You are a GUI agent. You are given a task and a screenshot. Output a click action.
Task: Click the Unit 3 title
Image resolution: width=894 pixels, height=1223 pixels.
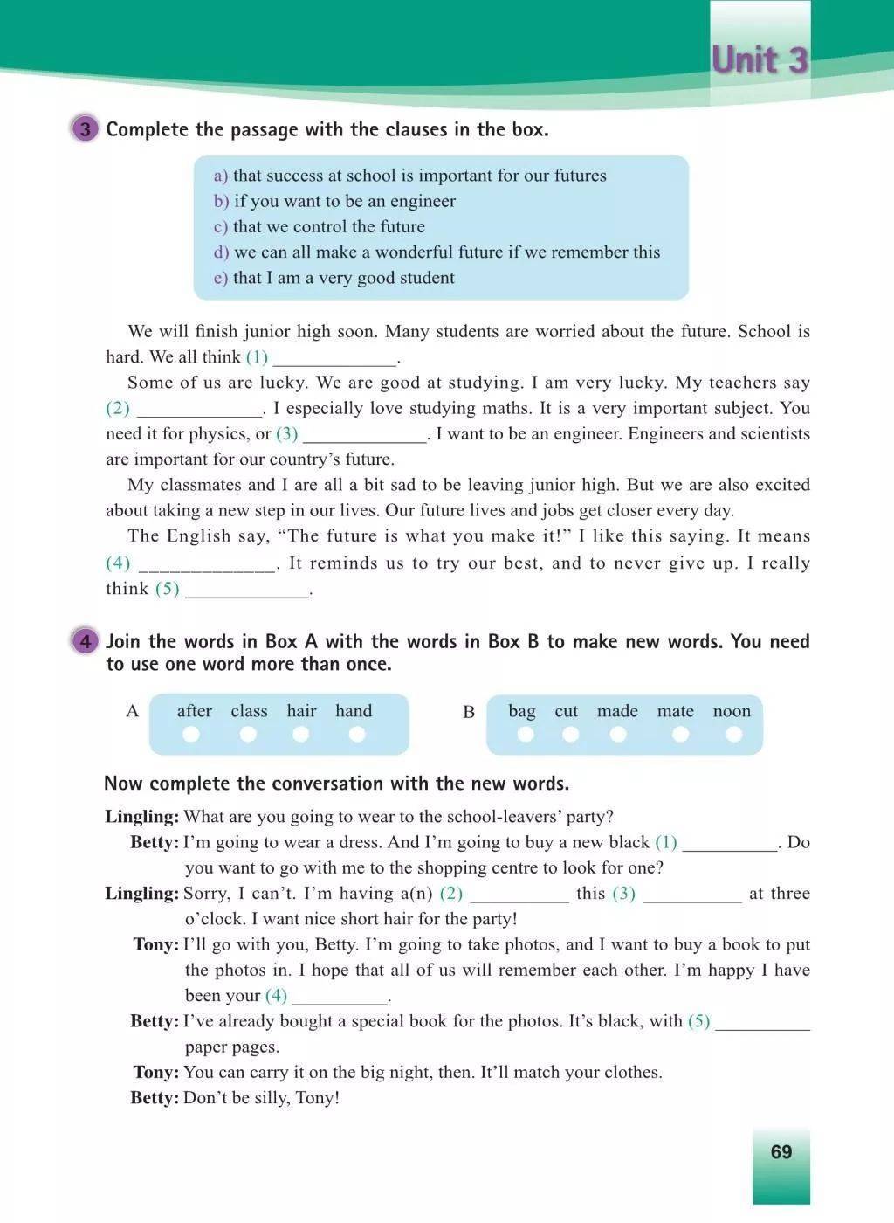point(760,60)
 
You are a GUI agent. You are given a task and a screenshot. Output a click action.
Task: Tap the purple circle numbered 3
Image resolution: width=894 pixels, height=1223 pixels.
point(85,129)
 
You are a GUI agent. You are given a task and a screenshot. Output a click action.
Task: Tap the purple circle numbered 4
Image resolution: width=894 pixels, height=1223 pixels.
point(85,642)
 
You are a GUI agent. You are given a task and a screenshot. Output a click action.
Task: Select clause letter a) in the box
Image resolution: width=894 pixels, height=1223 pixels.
point(220,176)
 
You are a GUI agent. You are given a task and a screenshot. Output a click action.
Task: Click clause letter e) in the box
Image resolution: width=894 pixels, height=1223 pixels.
point(220,278)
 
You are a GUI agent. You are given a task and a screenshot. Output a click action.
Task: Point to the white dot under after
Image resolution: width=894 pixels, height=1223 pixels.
point(191,734)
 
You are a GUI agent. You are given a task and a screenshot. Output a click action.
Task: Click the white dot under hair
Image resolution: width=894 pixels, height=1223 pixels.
point(301,734)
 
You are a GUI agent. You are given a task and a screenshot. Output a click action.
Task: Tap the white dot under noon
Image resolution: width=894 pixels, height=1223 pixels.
point(733,734)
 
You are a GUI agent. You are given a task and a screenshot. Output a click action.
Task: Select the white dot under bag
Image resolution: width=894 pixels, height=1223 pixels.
point(525,734)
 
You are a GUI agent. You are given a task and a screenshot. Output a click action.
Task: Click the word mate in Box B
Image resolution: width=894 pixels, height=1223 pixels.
point(676,711)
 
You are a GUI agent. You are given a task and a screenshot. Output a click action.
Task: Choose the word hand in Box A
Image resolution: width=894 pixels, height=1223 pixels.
point(354,711)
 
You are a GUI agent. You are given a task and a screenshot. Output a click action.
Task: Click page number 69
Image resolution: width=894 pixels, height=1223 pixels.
point(781,1151)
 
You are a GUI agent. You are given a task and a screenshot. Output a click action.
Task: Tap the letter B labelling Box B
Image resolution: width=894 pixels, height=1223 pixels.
point(469,712)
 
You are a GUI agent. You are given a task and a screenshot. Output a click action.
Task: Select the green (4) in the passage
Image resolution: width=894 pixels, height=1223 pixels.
point(118,563)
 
